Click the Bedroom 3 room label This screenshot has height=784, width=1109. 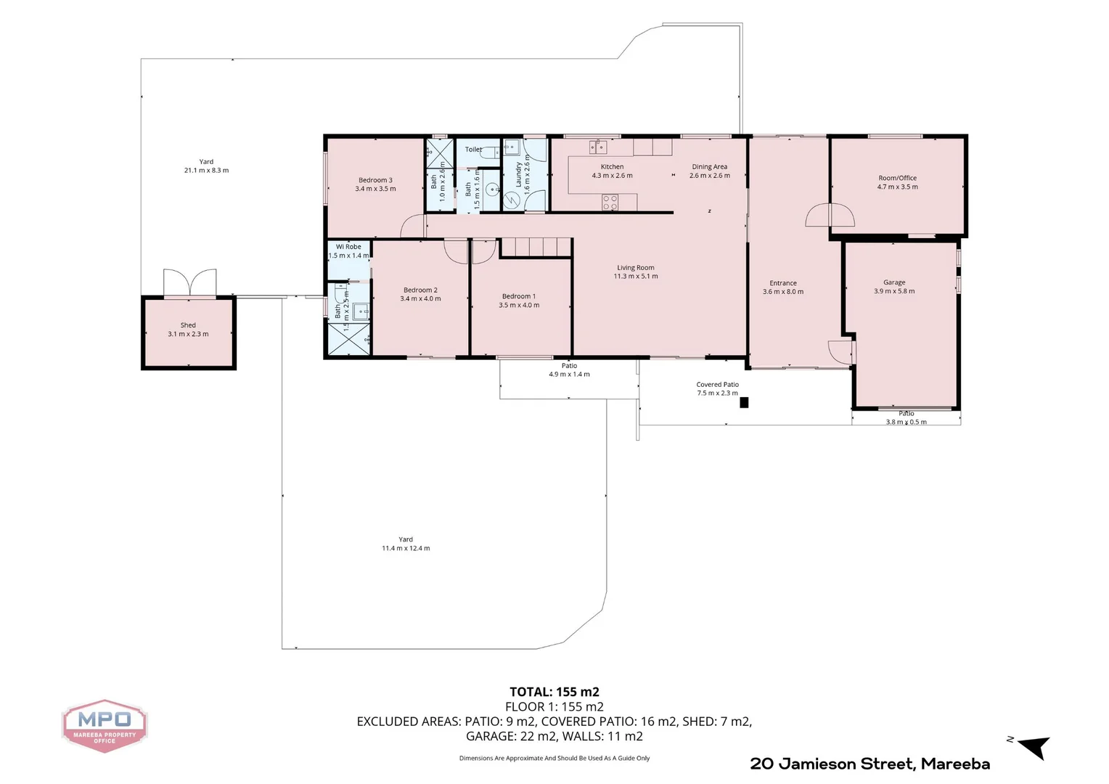coord(375,180)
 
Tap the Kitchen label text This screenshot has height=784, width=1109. coord(612,167)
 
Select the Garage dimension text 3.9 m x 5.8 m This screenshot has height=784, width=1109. coord(894,291)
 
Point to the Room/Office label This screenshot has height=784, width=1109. coord(897,178)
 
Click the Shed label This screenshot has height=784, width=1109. coord(188,325)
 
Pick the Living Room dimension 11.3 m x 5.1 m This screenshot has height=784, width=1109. coord(636,277)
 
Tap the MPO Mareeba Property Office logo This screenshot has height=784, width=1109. coord(105,725)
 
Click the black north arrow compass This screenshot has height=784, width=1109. coord(1035,746)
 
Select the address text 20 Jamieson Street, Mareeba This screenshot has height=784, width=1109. coord(869,764)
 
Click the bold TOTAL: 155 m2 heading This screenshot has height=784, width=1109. coord(554,692)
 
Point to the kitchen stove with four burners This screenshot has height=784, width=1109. coord(610,202)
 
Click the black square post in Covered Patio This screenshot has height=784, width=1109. coord(744,402)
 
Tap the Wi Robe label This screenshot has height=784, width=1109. coord(348,247)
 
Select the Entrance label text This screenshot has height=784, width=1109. coord(783,283)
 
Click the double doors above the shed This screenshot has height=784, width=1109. coord(189,282)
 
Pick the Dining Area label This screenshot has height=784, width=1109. coord(709,167)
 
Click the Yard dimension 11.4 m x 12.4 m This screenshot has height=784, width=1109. coord(406,549)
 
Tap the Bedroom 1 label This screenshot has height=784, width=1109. coord(519,296)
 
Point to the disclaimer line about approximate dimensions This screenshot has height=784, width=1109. coord(554,758)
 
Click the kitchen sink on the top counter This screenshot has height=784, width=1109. coord(598,147)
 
